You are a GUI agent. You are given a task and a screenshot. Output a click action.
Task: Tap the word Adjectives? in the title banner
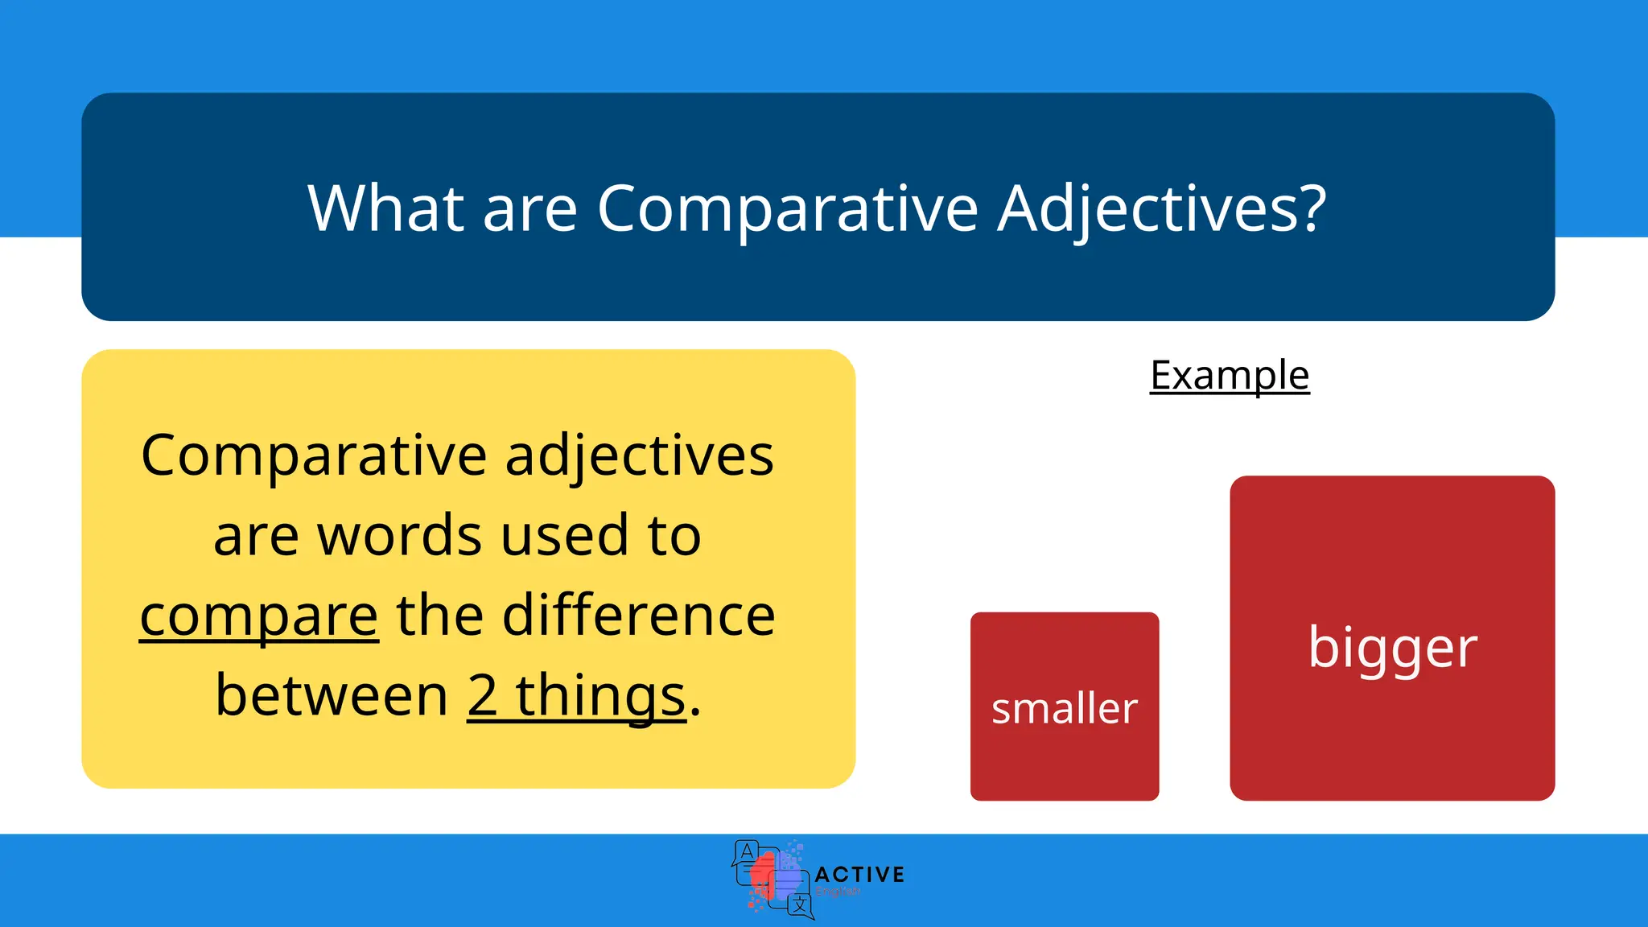1161,209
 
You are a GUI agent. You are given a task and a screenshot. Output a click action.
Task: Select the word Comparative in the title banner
787,209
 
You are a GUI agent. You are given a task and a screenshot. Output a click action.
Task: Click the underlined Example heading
1230,375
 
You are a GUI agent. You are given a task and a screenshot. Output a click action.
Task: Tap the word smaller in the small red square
1064,709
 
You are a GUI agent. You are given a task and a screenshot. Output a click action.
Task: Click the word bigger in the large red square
1392,648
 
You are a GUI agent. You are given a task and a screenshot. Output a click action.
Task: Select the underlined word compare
258,616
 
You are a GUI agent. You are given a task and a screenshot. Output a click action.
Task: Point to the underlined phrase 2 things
576,696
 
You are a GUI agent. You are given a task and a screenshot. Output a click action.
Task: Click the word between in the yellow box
332,696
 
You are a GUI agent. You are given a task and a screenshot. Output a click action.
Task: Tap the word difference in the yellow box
639,616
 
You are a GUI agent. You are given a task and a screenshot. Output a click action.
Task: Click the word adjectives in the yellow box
639,456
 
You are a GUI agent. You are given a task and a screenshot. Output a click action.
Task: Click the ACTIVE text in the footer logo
859,874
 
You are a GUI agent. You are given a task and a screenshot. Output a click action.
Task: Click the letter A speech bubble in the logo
747,851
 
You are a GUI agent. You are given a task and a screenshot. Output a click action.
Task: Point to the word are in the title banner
529,209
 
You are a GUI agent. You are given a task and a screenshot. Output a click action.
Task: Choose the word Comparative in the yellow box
314,456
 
